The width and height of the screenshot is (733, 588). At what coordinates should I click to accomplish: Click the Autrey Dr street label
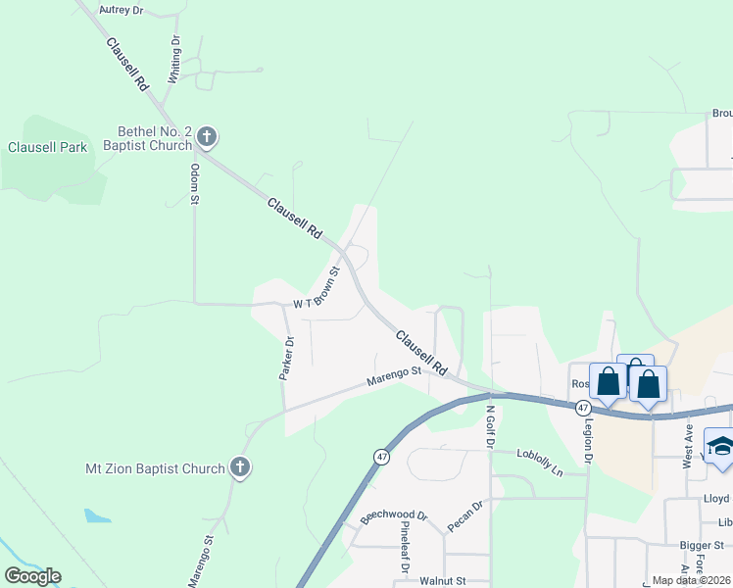(x=122, y=10)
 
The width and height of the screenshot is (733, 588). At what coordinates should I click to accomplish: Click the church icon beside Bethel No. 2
(x=206, y=136)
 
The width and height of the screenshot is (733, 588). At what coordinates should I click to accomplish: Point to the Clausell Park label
(x=47, y=148)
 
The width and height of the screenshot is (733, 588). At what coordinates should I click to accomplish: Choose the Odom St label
(x=195, y=184)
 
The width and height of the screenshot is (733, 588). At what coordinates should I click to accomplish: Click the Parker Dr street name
(x=287, y=359)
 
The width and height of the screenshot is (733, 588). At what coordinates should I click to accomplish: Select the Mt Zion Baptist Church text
(x=155, y=468)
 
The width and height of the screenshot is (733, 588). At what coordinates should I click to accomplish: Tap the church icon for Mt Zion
(x=239, y=468)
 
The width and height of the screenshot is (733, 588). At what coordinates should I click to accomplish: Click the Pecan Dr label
(x=465, y=516)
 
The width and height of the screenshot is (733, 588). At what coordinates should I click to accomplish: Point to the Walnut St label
(x=440, y=580)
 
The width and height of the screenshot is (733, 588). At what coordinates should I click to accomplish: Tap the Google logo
(x=32, y=576)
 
